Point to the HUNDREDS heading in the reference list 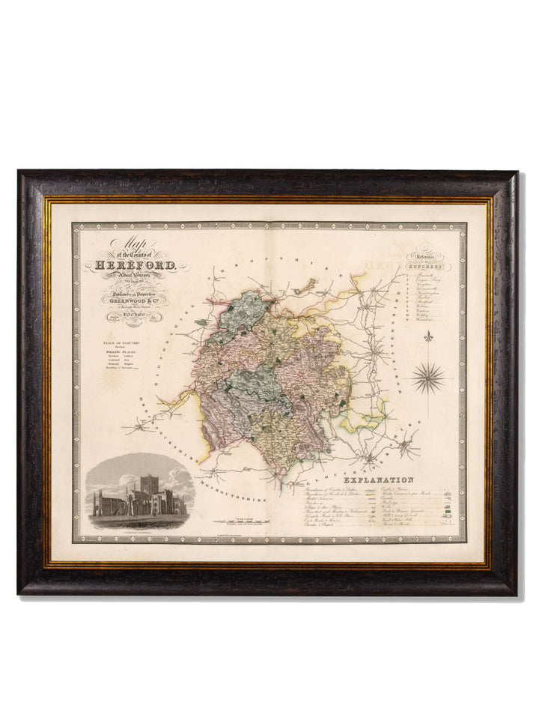click(424, 266)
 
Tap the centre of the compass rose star click(427, 376)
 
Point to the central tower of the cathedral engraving click(150, 485)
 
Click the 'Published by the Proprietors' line click(135, 295)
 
